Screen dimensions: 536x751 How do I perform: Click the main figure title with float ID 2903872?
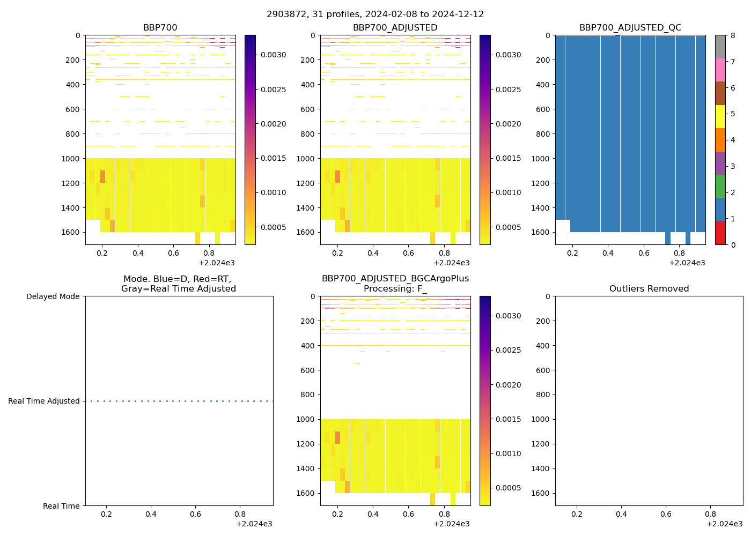(x=375, y=14)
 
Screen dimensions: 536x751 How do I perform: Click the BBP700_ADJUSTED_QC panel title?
(x=630, y=28)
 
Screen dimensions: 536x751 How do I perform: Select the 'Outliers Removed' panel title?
(x=649, y=289)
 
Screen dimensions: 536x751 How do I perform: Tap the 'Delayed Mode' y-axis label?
(x=53, y=296)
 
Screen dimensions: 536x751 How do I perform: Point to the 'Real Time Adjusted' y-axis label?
(x=44, y=401)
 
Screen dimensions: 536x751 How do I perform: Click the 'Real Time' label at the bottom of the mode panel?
(x=61, y=506)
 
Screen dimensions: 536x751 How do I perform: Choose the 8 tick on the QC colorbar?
(x=733, y=36)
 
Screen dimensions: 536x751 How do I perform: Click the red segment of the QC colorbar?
(x=720, y=233)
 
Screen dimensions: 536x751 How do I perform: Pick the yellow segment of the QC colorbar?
(x=720, y=116)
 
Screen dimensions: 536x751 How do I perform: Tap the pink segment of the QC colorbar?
(x=720, y=70)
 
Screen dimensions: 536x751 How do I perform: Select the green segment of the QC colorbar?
(x=720, y=186)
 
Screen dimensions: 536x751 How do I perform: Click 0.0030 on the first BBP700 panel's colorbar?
(x=274, y=55)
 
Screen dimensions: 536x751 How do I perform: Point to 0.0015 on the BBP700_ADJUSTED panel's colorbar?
(x=509, y=158)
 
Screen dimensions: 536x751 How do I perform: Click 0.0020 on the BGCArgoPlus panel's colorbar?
(x=509, y=385)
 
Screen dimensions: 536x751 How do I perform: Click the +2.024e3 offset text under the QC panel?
(x=687, y=263)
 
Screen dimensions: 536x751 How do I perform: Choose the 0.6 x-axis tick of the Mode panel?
(x=195, y=515)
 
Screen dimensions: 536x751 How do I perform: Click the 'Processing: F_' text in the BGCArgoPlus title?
(x=395, y=289)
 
